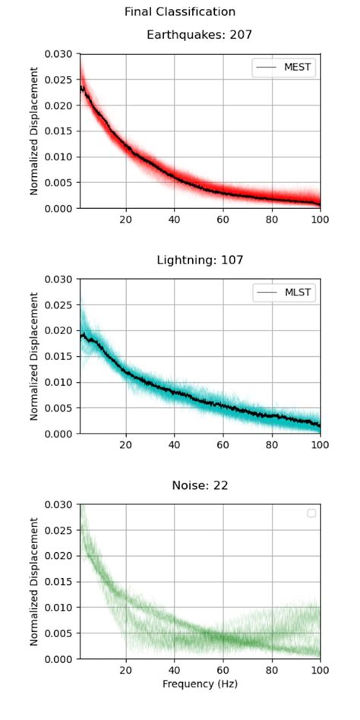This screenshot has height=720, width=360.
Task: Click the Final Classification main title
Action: click(x=180, y=12)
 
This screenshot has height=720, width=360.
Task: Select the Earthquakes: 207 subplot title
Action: click(x=199, y=35)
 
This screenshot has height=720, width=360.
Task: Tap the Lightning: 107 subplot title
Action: click(x=200, y=261)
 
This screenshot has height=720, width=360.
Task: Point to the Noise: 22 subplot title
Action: click(x=200, y=485)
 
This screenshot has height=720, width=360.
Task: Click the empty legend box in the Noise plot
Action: click(x=311, y=513)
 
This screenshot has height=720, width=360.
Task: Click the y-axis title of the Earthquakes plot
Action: click(x=34, y=131)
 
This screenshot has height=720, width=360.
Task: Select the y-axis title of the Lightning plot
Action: click(x=34, y=356)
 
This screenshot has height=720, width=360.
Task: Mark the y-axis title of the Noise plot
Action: click(x=34, y=582)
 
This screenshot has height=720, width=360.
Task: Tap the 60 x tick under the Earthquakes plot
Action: click(x=223, y=219)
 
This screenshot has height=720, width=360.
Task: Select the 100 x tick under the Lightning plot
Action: click(x=320, y=445)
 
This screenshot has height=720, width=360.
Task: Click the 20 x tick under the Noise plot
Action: click(x=126, y=671)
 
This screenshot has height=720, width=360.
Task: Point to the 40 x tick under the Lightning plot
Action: click(x=175, y=445)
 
